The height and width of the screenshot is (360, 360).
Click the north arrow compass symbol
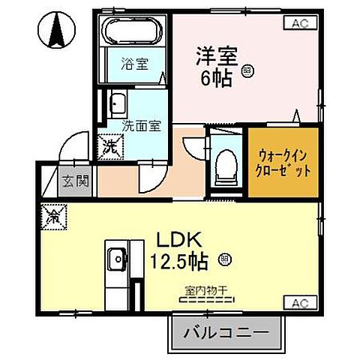(55, 28)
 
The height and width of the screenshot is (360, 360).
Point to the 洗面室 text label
(140, 126)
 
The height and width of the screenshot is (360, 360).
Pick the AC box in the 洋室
(298, 23)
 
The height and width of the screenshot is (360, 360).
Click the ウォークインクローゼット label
(283, 162)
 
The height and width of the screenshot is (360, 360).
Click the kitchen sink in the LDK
(116, 260)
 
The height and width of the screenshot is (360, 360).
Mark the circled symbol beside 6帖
(248, 72)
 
